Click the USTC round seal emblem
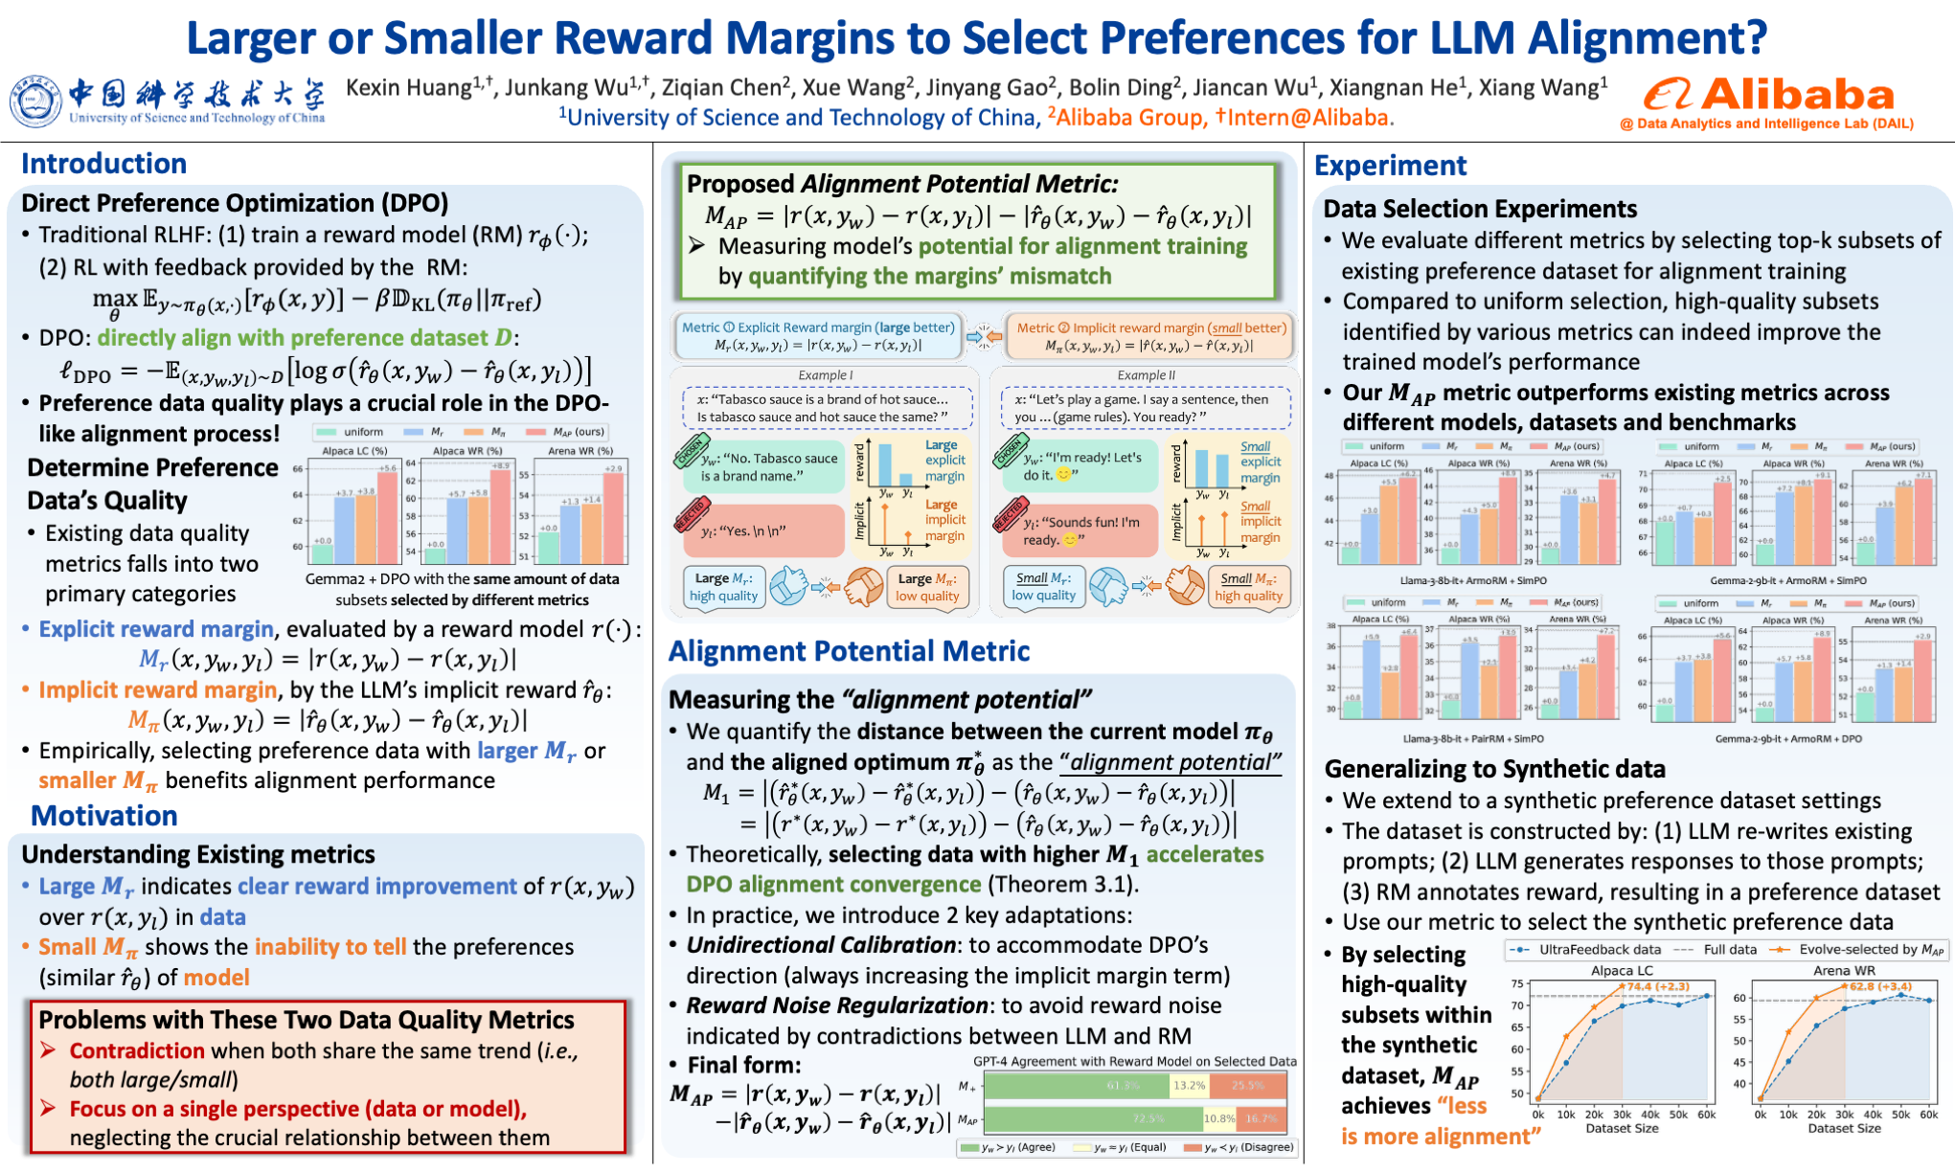34,102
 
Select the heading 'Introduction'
103,164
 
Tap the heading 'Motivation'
104,816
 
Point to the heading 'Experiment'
1390,166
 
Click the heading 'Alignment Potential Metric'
849,651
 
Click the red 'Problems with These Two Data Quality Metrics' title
307,1020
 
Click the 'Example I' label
825,375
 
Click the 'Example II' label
1146,375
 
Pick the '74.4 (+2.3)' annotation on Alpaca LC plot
1658,986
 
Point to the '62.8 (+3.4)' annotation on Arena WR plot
1880,986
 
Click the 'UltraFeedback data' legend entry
1600,950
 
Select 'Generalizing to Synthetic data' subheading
1494,769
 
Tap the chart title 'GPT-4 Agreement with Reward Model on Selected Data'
1134,1061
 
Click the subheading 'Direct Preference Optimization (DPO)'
235,203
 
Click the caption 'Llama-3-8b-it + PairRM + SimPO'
1473,739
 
